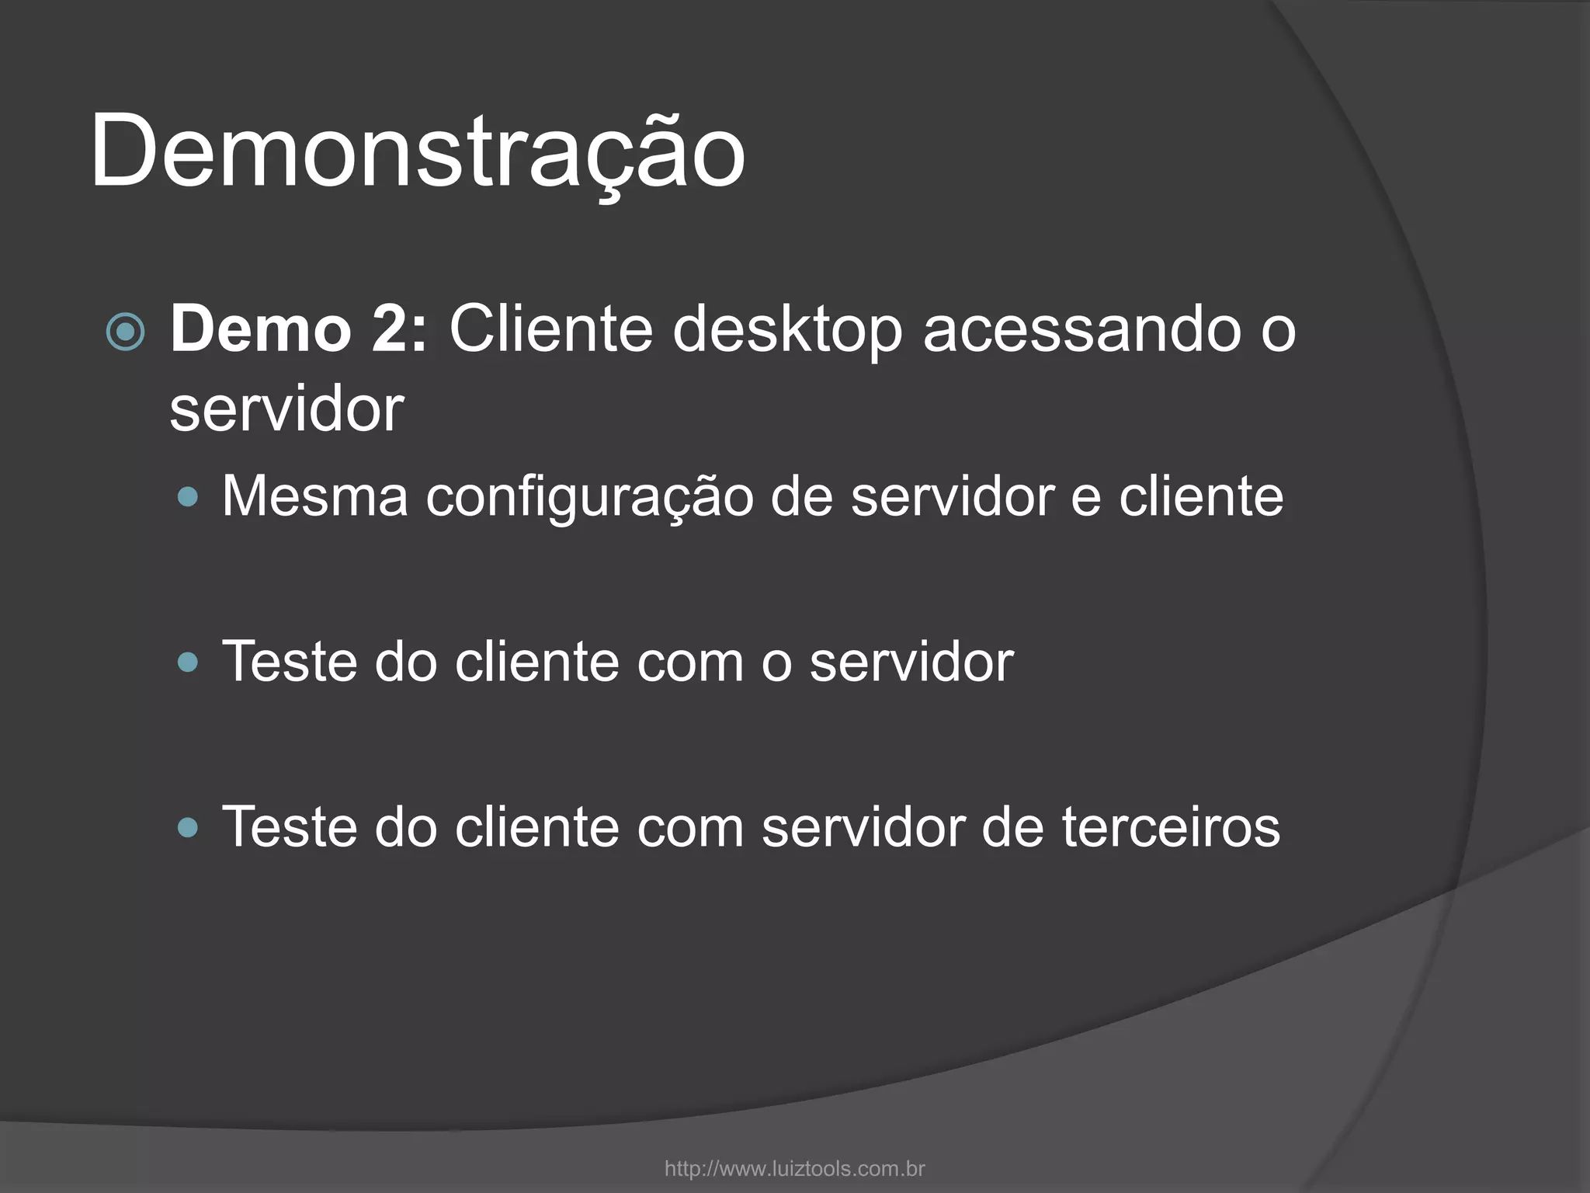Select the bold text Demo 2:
(299, 330)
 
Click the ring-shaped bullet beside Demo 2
(125, 333)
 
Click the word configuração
(589, 497)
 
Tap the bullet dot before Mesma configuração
(188, 497)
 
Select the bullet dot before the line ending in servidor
(188, 663)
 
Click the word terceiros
(1171, 826)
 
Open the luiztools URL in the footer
(794, 1168)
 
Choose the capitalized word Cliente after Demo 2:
(550, 330)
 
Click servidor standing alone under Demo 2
(286, 409)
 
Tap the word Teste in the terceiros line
(289, 826)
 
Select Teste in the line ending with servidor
(289, 662)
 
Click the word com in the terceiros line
(689, 826)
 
